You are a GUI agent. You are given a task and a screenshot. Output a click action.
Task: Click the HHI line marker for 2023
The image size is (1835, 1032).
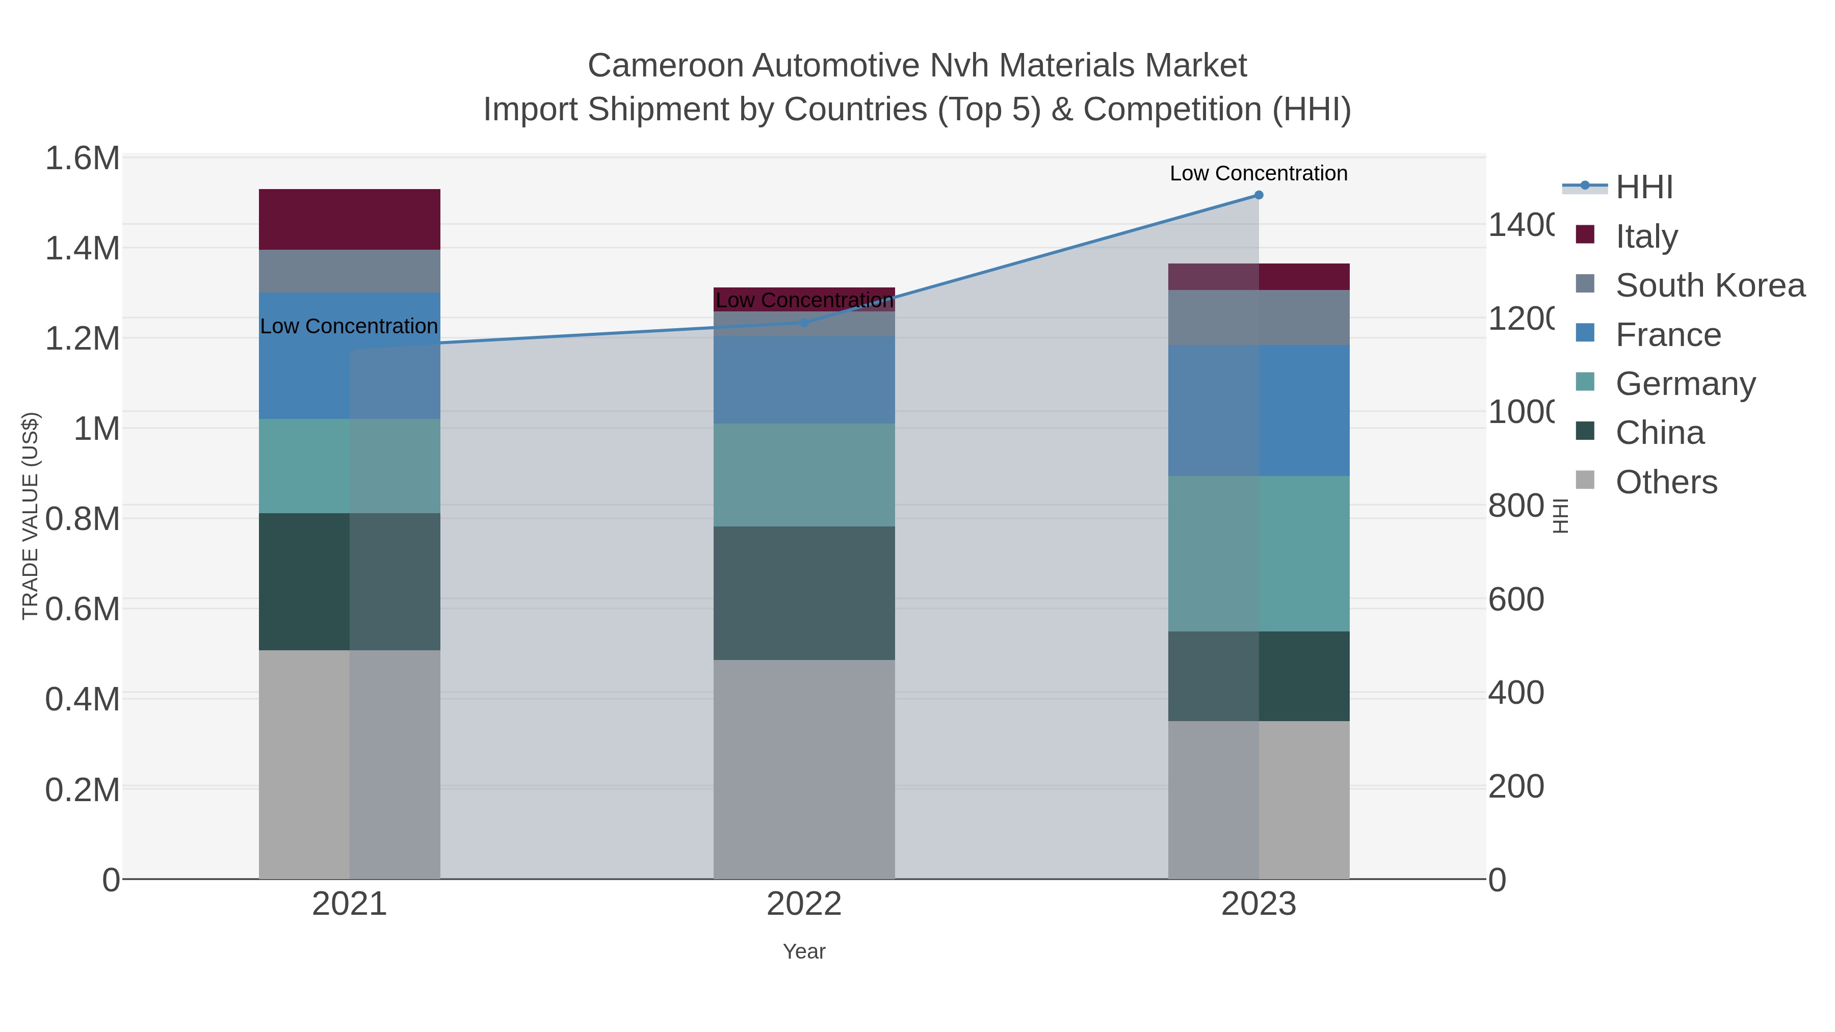click(x=1259, y=195)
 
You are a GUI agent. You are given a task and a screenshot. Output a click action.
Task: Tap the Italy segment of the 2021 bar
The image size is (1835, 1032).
click(x=349, y=219)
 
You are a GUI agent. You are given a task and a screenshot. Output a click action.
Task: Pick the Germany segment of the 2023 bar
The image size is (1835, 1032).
click(x=1259, y=553)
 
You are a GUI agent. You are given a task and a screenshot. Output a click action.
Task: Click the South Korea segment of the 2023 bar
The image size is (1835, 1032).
click(x=1259, y=317)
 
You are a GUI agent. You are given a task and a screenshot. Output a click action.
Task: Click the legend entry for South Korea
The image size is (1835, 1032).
click(x=1710, y=285)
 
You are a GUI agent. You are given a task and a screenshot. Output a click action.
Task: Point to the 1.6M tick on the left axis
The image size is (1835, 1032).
click(x=82, y=158)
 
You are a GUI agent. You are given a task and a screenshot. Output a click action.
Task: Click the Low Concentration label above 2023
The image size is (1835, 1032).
click(x=1259, y=173)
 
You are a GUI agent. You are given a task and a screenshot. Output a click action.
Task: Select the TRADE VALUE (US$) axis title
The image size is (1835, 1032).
click(x=31, y=516)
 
